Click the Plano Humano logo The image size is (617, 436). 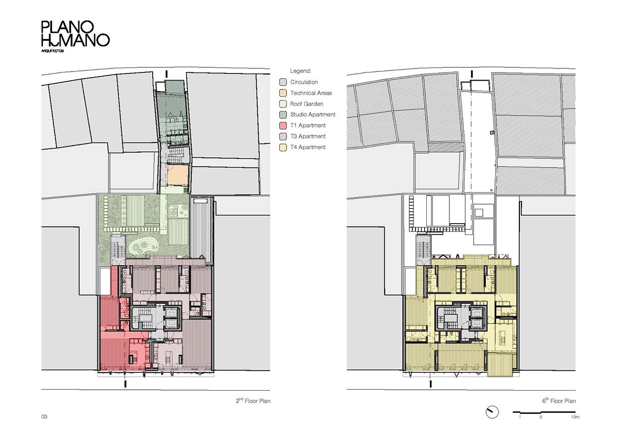pos(76,36)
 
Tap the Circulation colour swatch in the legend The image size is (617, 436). pos(283,82)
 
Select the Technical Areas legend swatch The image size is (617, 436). pos(283,93)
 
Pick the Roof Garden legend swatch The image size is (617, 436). pos(283,104)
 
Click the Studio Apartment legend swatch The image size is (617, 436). pos(283,115)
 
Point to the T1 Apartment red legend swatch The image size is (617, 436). pos(283,125)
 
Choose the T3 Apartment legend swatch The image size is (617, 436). pos(283,136)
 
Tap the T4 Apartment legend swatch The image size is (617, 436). pos(283,148)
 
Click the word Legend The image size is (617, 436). pos(300,71)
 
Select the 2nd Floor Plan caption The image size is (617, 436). pos(253,401)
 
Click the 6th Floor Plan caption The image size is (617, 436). pos(559,401)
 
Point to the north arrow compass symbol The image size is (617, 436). pos(492,412)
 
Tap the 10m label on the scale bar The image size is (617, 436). pos(575,417)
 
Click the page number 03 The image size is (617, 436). pos(44,417)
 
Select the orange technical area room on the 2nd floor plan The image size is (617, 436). pos(178,175)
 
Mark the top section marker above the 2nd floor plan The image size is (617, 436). pos(167,74)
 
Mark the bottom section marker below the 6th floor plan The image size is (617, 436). pos(431,384)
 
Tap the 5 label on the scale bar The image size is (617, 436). pos(541,417)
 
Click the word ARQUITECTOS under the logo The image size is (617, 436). pos(52,51)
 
